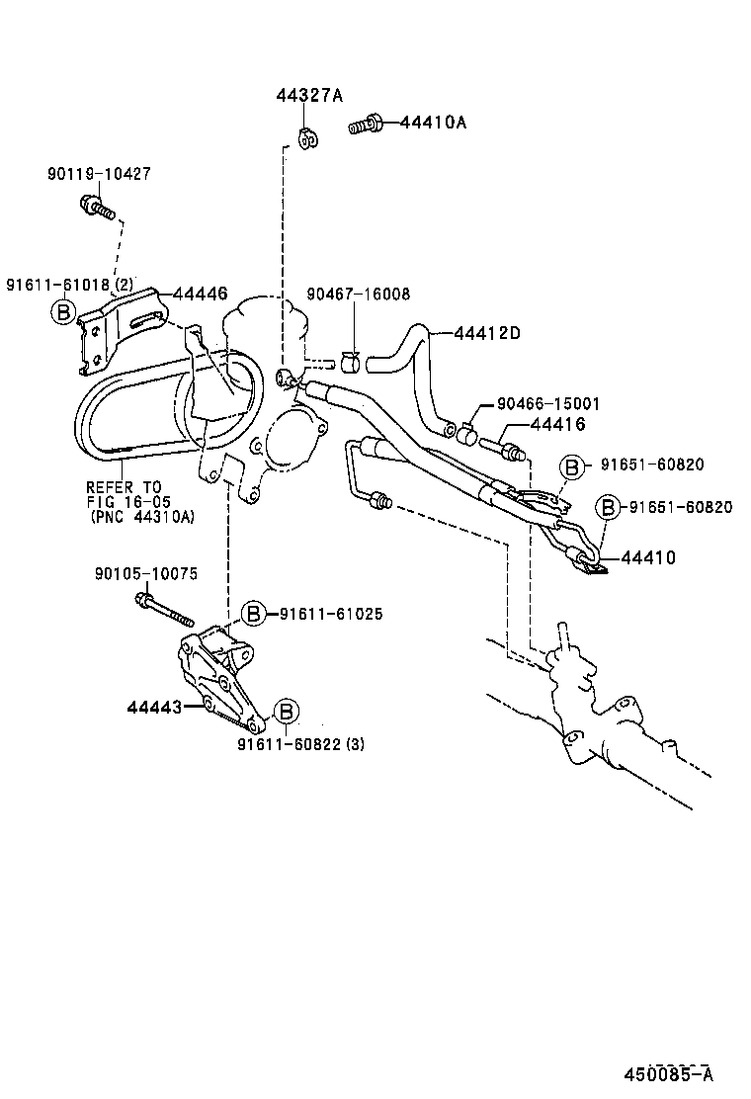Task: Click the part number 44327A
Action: (308, 96)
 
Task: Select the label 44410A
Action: (433, 123)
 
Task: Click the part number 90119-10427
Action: (98, 174)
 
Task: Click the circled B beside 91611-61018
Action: (62, 313)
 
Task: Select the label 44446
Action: (201, 294)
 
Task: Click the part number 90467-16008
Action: (358, 295)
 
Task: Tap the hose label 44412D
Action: (487, 333)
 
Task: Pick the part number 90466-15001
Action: (547, 404)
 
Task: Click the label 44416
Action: (557, 424)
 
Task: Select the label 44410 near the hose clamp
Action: (648, 558)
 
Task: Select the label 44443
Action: (153, 707)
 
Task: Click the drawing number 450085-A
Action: (667, 1074)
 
